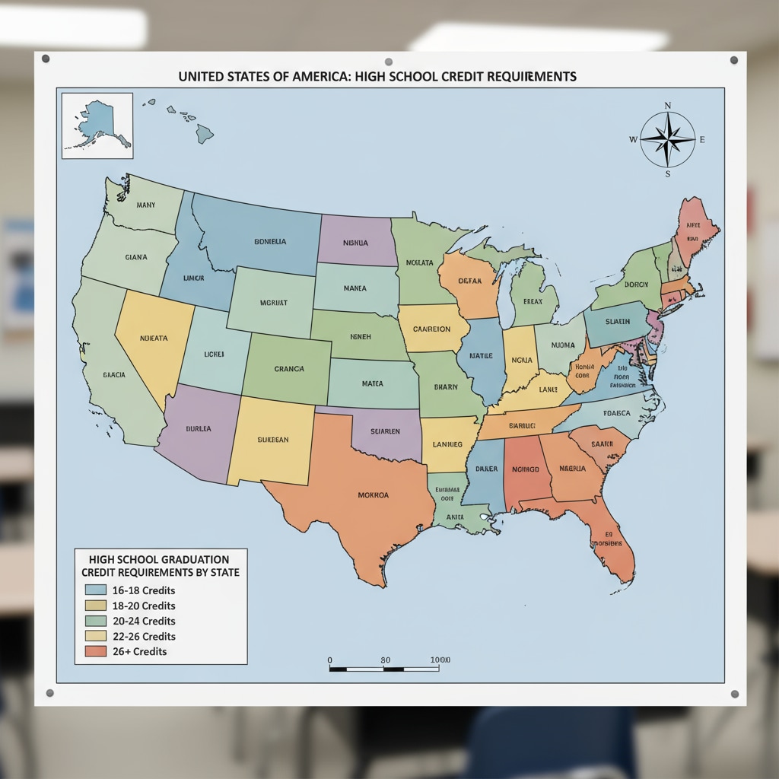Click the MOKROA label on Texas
[373, 495]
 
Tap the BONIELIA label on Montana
[270, 241]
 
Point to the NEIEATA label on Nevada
[154, 338]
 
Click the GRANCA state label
[289, 369]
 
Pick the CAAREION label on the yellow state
[431, 329]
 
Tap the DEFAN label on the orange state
[470, 281]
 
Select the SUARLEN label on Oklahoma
[385, 431]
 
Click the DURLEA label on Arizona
[198, 428]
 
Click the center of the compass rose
[667, 139]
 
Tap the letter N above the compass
[668, 106]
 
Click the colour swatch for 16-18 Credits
[96, 590]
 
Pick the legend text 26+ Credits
[138, 651]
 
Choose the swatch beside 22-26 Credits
[96, 636]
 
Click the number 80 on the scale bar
[386, 660]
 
